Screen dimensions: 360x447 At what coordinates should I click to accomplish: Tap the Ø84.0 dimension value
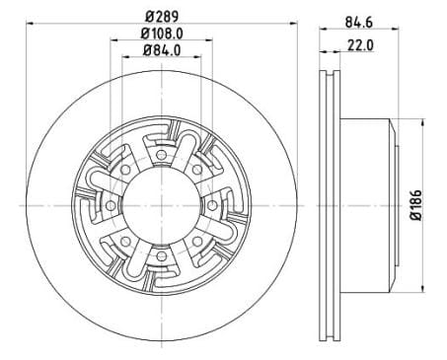click(x=162, y=57)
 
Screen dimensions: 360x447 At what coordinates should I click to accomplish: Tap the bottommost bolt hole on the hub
click(x=162, y=257)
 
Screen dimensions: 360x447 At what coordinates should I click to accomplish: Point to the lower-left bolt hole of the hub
click(x=124, y=242)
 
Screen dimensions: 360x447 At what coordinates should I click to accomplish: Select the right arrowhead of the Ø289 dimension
click(x=298, y=28)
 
